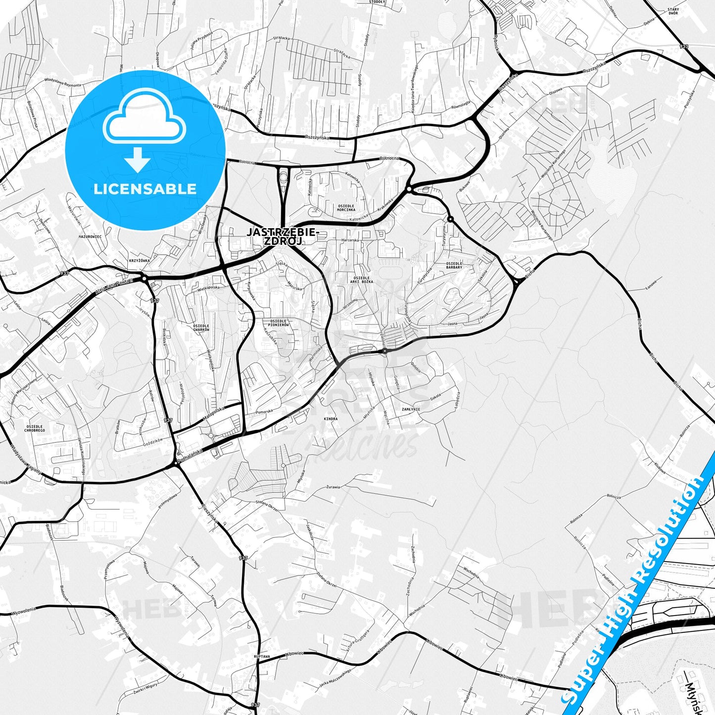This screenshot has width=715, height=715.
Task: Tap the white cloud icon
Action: coord(144,117)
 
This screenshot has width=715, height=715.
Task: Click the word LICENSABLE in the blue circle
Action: coord(145,189)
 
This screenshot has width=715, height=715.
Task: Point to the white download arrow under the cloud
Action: coord(138,160)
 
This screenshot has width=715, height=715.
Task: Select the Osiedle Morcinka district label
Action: coord(346,207)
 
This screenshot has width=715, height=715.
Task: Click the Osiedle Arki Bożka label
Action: coord(361,280)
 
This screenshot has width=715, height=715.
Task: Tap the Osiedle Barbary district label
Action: coord(454,265)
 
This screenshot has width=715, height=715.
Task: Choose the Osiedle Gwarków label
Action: coord(201,328)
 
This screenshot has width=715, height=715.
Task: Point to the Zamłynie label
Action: coord(411,409)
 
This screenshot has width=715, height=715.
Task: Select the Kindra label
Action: coord(331,419)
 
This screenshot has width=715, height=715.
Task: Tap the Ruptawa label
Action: coord(261,656)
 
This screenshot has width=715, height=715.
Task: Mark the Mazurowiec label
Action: coord(90,237)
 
